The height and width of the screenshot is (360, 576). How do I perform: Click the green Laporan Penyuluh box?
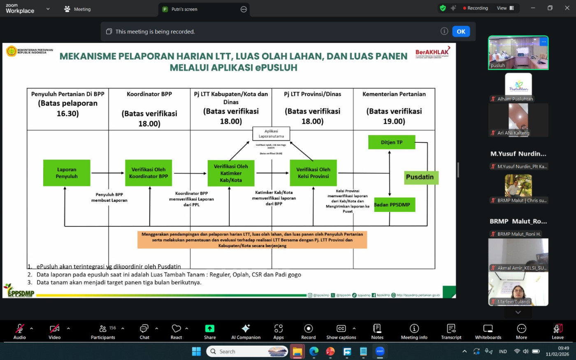click(67, 173)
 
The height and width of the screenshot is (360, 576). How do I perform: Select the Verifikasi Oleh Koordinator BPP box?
click(149, 173)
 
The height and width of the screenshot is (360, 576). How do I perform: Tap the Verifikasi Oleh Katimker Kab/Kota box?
click(231, 173)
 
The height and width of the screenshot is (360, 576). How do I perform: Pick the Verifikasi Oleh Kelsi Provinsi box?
click(313, 173)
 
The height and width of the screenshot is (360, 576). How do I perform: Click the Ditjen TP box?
click(392, 142)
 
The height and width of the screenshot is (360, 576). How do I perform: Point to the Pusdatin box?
click(420, 177)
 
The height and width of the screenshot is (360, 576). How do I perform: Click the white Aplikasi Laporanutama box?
click(271, 134)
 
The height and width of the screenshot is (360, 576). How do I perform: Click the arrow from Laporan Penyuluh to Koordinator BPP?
click(108, 173)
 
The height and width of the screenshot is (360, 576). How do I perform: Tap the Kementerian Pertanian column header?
click(394, 94)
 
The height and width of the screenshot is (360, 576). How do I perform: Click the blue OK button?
click(461, 32)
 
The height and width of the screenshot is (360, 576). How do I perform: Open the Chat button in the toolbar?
click(144, 331)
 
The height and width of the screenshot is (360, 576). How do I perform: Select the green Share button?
click(210, 331)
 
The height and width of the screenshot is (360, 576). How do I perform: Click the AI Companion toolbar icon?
click(246, 331)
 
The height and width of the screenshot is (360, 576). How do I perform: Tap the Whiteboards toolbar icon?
click(488, 331)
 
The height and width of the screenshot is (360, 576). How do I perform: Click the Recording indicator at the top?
click(476, 8)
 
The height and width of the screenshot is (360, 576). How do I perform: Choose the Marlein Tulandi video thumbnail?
click(518, 289)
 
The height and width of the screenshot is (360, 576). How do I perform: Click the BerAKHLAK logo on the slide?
click(432, 52)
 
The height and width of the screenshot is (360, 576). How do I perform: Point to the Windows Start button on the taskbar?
click(196, 351)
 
